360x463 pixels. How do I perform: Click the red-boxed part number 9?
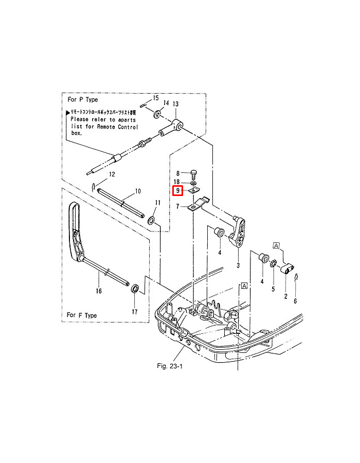point(178,191)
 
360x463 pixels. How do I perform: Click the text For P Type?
point(83,99)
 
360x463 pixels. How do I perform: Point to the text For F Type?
point(82,315)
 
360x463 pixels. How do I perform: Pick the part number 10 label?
point(137,191)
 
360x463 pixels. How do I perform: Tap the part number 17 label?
point(135,312)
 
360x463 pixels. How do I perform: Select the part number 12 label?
point(112,174)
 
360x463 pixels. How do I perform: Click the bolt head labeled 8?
point(194,172)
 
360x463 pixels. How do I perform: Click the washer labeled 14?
point(155,112)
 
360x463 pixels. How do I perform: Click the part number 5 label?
point(274,290)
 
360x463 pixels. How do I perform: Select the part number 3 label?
point(238,265)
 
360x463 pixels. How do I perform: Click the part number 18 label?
point(176,182)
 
